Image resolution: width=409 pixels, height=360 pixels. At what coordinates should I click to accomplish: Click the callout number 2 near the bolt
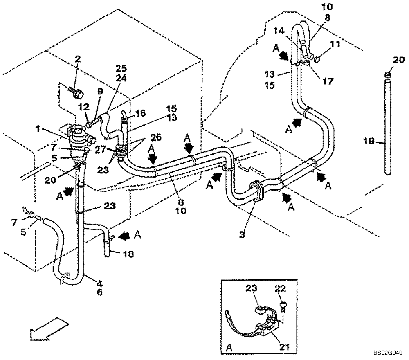[x=78, y=59]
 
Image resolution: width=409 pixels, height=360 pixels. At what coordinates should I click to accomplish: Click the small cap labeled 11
[x=318, y=61]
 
